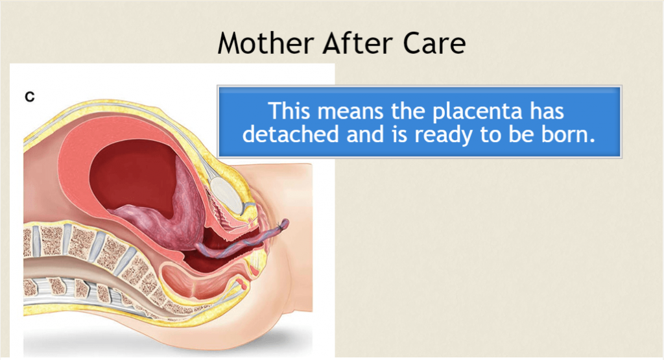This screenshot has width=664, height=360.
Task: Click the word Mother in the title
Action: [x=266, y=43]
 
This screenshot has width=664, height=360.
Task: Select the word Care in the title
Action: [x=434, y=43]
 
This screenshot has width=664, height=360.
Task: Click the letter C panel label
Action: [x=30, y=97]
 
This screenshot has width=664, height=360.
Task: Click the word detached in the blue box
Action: [x=290, y=134]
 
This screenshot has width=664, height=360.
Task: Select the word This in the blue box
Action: [x=290, y=111]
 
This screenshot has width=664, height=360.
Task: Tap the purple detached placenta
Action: [x=178, y=211]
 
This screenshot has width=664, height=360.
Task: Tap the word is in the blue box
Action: [x=399, y=134]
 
